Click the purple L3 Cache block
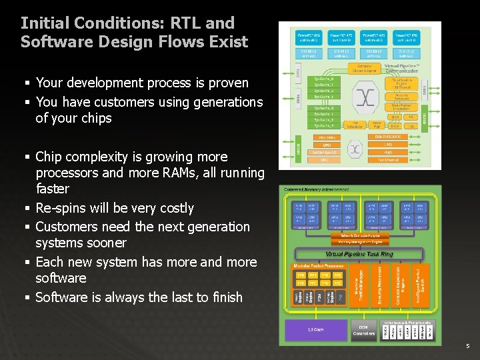[x=315, y=329]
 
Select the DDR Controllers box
[x=363, y=329]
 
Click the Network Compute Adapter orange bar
[x=361, y=236]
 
